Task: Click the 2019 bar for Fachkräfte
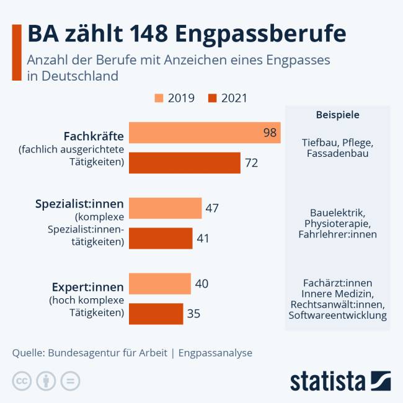(205, 133)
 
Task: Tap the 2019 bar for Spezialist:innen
(166, 208)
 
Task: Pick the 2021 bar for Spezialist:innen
(161, 238)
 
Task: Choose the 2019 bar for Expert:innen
(160, 283)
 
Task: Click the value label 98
(270, 133)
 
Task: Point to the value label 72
(251, 163)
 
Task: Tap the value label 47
(212, 208)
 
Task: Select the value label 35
(193, 314)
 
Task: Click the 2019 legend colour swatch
(159, 98)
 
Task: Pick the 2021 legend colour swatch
(213, 98)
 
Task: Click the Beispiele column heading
(338, 115)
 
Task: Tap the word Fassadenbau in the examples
(338, 153)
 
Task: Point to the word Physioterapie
(338, 223)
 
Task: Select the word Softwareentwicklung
(338, 316)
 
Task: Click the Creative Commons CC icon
(22, 381)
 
